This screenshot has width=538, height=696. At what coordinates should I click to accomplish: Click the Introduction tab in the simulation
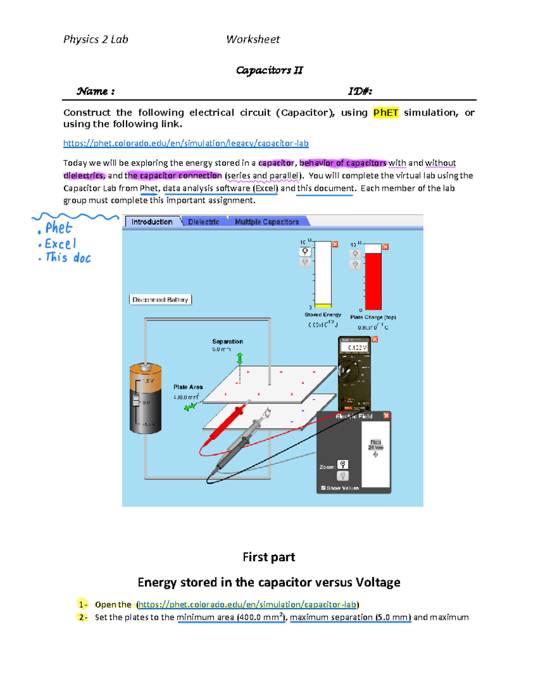(x=152, y=222)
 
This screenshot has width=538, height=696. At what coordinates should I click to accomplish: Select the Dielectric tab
(x=204, y=222)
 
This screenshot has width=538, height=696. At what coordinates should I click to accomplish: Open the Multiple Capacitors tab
(x=267, y=222)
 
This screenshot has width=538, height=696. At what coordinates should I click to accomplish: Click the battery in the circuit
(x=145, y=399)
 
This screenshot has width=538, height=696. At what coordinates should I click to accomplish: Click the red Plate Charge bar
(x=373, y=281)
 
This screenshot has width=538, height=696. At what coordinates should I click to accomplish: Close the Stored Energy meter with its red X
(x=335, y=244)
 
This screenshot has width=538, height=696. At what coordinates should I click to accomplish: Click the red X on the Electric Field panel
(x=386, y=416)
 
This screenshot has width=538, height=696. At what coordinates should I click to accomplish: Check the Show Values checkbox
(x=323, y=488)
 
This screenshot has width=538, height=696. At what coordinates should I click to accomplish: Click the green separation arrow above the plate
(x=240, y=358)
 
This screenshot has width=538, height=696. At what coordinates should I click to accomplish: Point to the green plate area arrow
(x=190, y=407)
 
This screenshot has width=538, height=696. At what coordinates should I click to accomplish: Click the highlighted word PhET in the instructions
(x=386, y=112)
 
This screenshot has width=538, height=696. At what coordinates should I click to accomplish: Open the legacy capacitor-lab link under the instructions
(x=186, y=143)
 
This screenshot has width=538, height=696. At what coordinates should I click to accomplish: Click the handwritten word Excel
(x=61, y=244)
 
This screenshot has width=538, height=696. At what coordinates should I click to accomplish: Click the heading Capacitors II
(x=269, y=70)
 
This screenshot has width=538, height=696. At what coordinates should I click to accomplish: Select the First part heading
(x=269, y=557)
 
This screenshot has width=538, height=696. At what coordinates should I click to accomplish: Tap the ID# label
(x=360, y=91)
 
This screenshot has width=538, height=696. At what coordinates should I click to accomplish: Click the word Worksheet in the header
(x=253, y=39)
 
